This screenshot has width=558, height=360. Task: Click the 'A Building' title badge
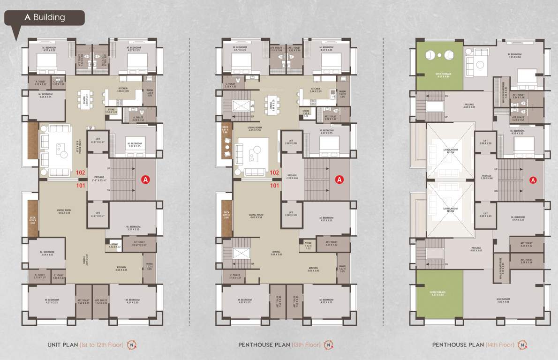click(x=45, y=18)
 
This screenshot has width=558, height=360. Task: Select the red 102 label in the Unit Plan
click(x=80, y=172)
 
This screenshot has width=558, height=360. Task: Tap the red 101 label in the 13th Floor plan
click(x=274, y=185)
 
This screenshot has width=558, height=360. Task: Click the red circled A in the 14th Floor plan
click(x=533, y=180)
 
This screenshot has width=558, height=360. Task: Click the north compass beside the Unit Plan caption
click(x=133, y=345)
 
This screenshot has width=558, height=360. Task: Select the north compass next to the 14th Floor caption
click(x=523, y=345)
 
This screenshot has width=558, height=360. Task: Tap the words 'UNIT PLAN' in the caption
click(x=62, y=345)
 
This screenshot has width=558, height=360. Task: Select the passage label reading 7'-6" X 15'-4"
click(x=99, y=179)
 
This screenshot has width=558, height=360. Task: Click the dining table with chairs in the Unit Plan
click(x=86, y=99)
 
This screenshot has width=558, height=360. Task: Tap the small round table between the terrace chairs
click(x=439, y=55)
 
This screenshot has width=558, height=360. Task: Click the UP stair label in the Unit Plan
click(x=109, y=168)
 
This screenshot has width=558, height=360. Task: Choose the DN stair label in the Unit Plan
click(x=109, y=190)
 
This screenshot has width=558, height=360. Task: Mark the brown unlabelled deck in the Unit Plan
click(x=33, y=140)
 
